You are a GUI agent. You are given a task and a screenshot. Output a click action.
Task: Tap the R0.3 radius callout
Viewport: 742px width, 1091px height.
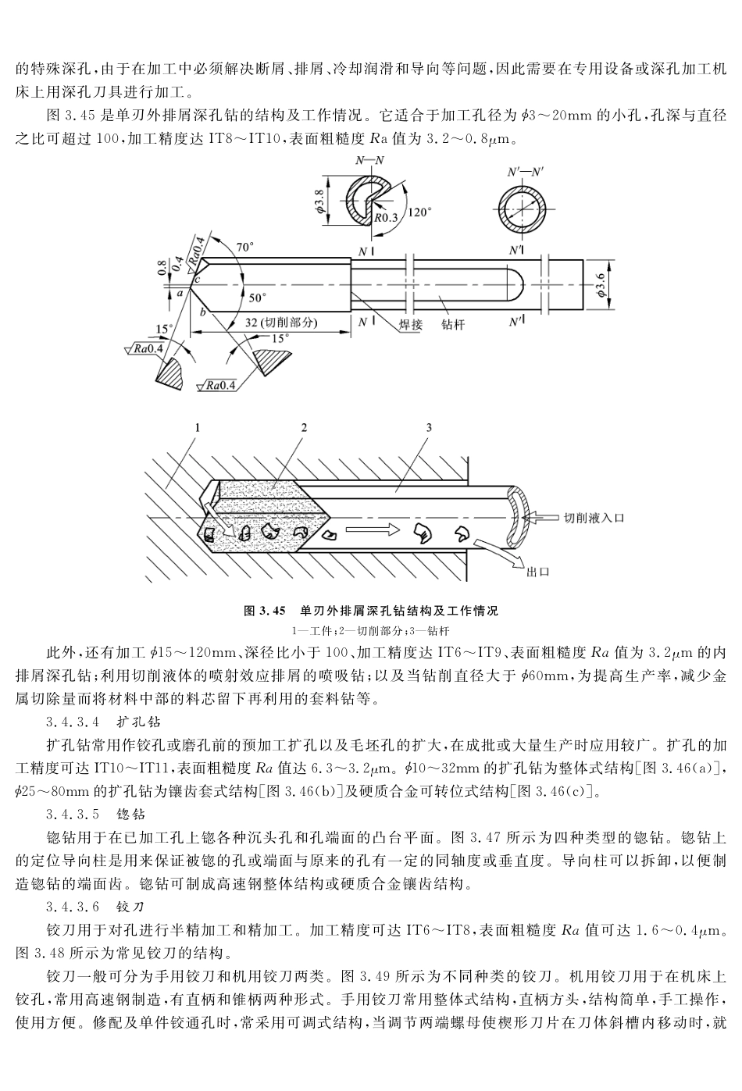tap(386, 218)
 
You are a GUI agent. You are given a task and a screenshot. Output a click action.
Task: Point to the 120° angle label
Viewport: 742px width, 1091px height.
tap(419, 212)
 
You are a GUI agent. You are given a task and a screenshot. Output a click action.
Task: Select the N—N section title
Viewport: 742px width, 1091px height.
tap(369, 160)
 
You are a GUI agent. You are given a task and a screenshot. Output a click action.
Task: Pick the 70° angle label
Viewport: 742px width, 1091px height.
tap(245, 248)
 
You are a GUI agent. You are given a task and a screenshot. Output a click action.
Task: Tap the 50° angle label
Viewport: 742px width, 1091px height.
tap(257, 298)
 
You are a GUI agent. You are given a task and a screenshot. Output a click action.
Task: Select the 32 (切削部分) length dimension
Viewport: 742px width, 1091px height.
tap(279, 322)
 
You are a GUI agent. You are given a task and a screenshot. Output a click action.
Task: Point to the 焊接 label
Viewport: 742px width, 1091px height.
tap(406, 324)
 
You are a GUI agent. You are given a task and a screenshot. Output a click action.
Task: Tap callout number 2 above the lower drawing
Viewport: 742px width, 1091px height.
tap(304, 427)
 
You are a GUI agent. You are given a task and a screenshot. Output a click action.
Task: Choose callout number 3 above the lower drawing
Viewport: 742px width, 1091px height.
tap(429, 427)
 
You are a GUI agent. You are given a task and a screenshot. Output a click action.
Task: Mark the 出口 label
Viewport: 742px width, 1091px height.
tap(537, 572)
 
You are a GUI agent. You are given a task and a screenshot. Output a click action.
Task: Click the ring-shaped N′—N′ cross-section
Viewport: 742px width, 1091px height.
tap(524, 210)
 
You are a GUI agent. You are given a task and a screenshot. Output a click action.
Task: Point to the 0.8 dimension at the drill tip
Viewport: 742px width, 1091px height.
tap(161, 268)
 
